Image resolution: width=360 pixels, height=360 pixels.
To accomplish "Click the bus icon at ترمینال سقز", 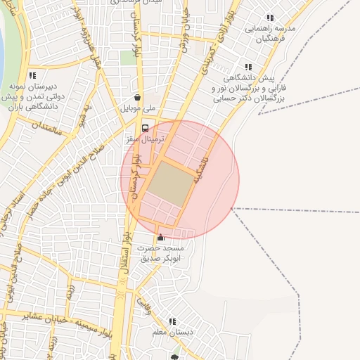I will (145, 129).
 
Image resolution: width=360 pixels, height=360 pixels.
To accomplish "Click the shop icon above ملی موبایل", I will (138, 98).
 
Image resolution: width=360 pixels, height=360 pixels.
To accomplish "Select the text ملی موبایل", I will (138, 109).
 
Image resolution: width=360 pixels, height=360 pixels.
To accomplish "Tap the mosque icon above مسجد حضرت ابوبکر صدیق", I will (161, 237).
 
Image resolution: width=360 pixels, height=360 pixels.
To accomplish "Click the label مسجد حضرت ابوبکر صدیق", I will (162, 254).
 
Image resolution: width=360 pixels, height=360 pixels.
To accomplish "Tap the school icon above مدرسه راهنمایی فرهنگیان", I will (270, 18).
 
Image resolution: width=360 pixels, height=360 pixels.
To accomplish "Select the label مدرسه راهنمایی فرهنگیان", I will (271, 35).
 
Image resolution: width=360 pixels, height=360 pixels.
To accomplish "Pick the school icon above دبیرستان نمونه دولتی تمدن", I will (32, 75).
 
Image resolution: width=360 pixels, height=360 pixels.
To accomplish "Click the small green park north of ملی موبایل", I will (127, 57).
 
